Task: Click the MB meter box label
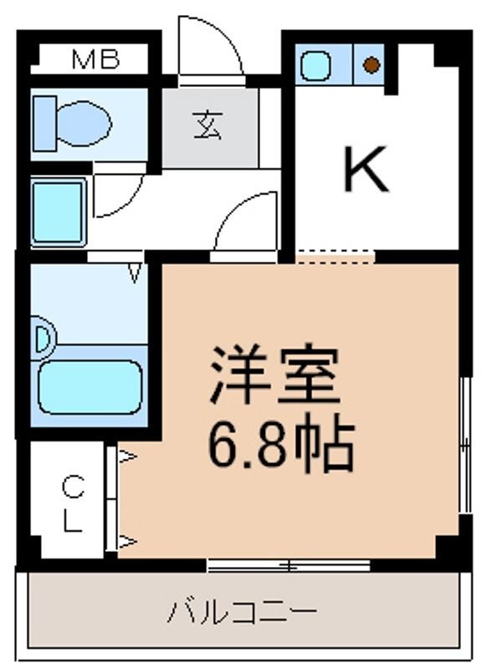coord(95,59)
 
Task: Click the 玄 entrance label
coord(208,125)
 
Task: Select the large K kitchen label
coord(366,169)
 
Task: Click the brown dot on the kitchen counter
coord(372,65)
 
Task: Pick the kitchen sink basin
coord(316,65)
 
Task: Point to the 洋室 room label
coord(274,375)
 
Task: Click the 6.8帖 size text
coord(281,446)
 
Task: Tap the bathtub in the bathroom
coord(90,387)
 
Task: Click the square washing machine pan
coord(59,212)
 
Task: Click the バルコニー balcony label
coord(242,612)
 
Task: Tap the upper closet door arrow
coord(127,457)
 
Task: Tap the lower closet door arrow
coord(127,542)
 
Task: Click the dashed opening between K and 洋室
coord(335,257)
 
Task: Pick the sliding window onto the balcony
coord(289,566)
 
